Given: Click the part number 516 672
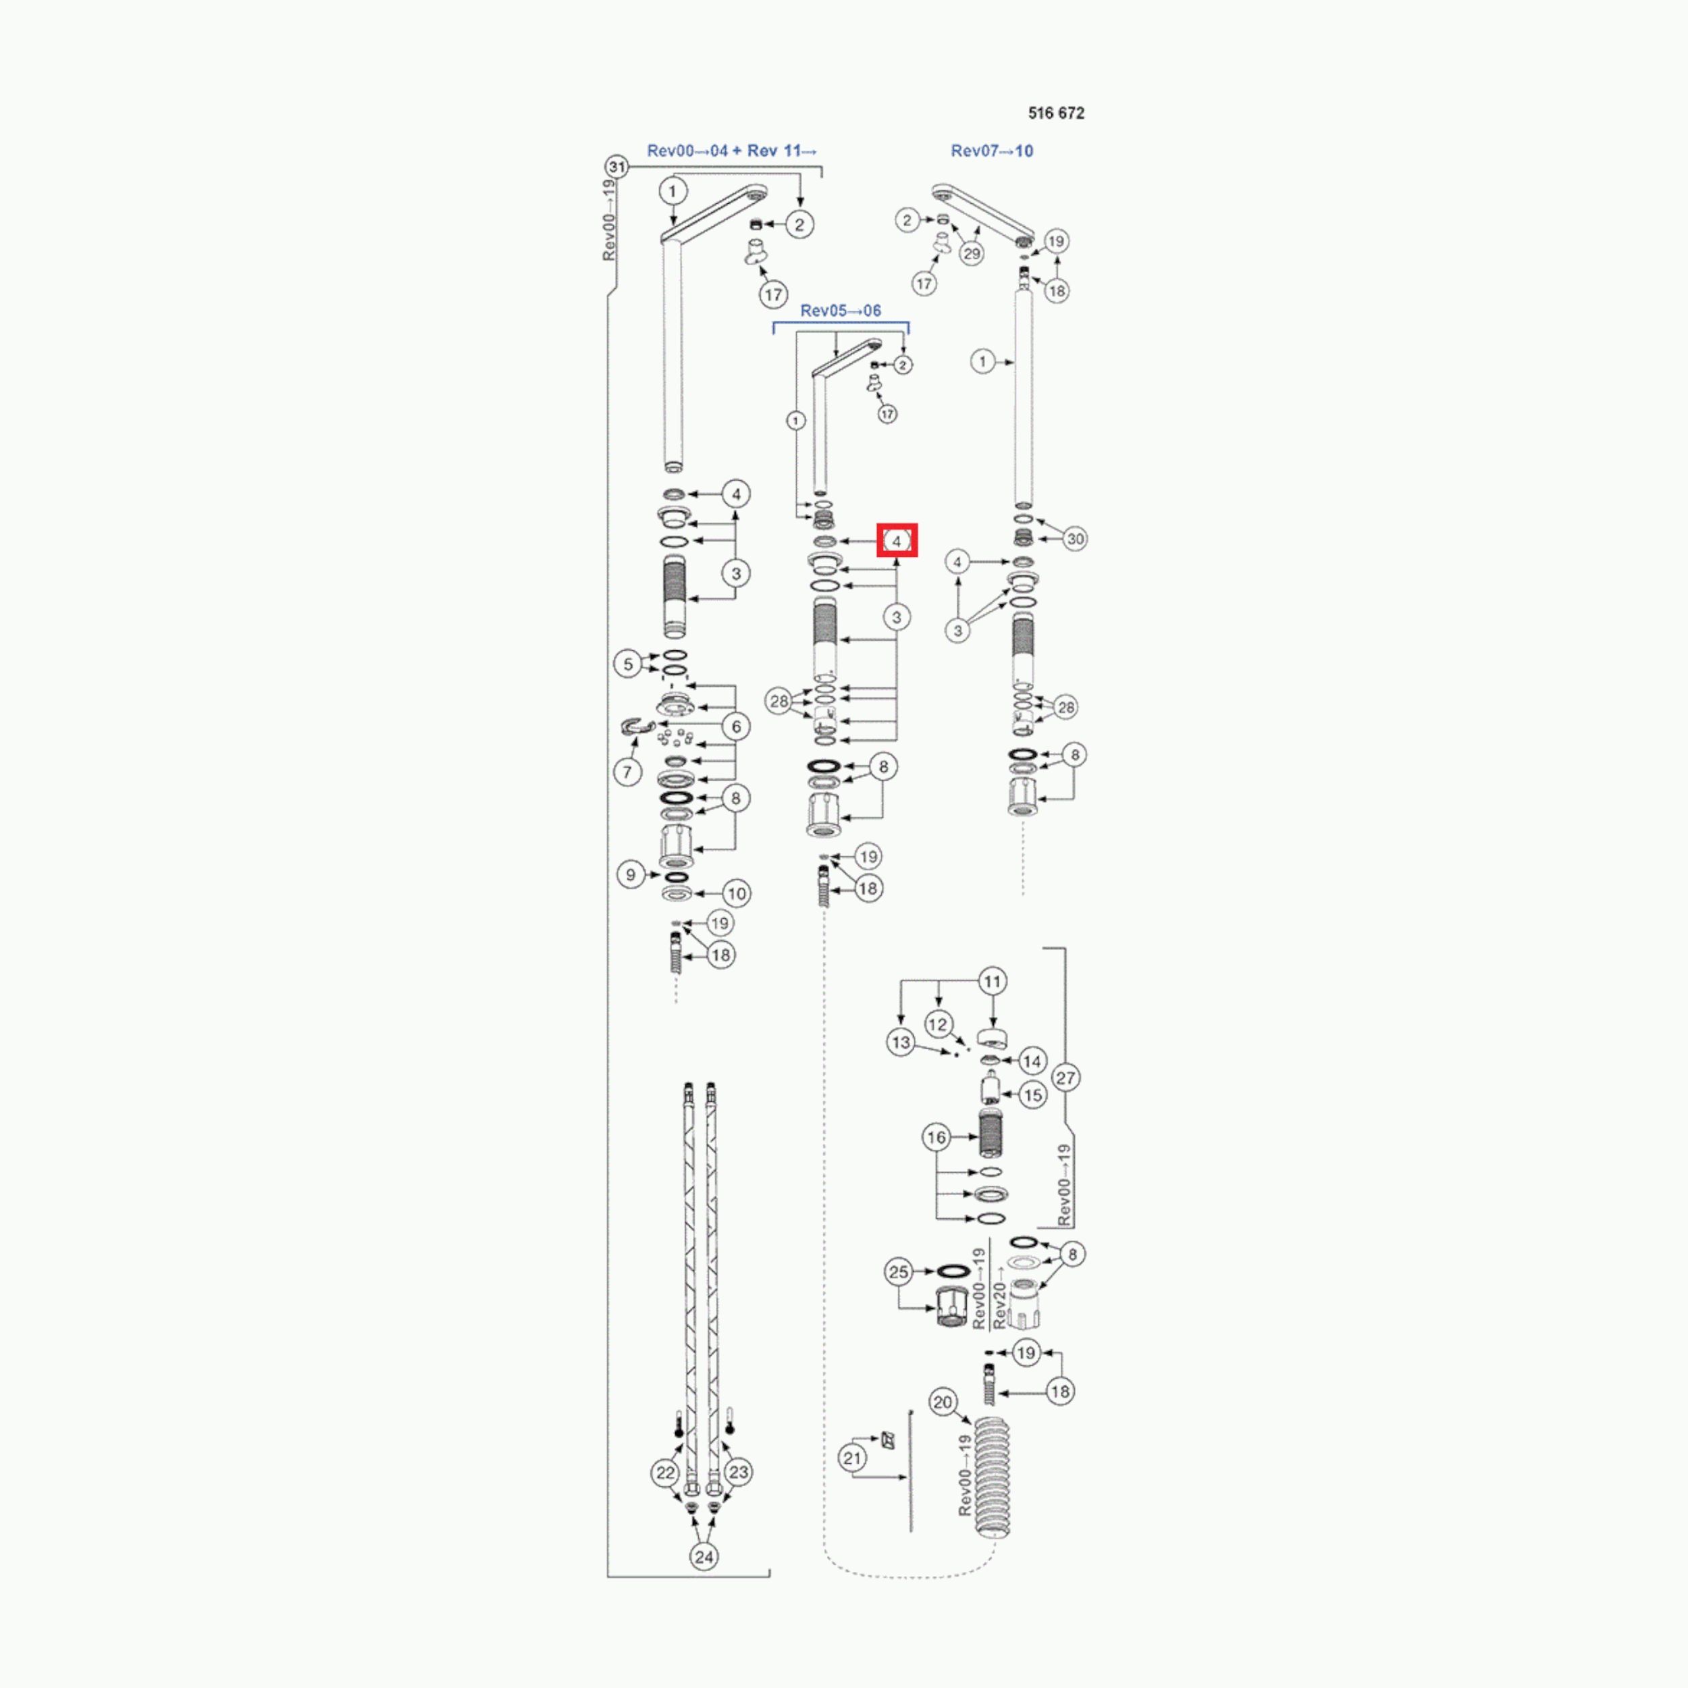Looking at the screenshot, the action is [1055, 113].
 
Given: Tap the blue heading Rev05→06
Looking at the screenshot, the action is [841, 310].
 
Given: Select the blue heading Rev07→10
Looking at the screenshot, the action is [992, 151].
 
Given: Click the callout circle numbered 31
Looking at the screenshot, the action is [617, 167].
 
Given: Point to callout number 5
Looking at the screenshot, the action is [627, 664].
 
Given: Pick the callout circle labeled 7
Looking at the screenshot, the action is [627, 772].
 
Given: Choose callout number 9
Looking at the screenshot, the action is [631, 874].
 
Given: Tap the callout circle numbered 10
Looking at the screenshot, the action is [737, 894].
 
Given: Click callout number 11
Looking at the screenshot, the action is [993, 981].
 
